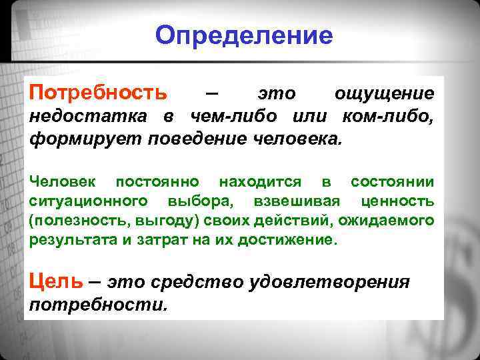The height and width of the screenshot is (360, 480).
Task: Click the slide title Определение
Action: coord(243,35)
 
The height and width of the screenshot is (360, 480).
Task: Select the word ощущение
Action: coord(384,94)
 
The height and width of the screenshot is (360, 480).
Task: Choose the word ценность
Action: coord(397,201)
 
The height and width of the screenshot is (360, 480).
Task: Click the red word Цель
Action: coord(56,281)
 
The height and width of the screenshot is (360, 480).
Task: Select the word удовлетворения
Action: coord(329,282)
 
